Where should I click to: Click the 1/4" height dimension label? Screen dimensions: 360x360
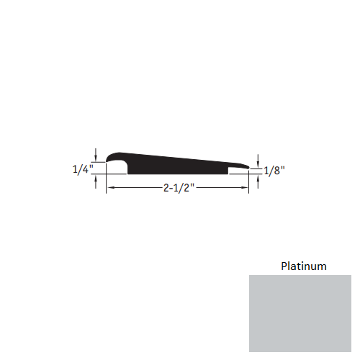[82, 170]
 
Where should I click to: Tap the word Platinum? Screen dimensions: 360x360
[303, 266]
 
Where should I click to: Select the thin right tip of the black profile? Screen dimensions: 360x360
[248, 166]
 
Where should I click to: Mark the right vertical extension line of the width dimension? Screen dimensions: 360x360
[250, 181]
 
